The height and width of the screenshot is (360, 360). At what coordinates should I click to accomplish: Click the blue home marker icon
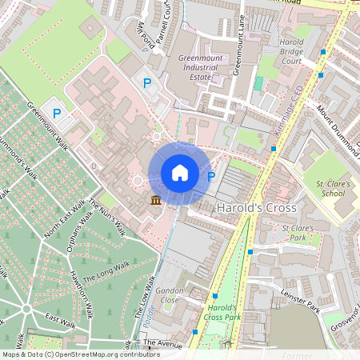180,173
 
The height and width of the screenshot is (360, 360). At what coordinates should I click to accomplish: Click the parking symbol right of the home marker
211,177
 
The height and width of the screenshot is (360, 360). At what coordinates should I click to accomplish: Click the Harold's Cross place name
257,208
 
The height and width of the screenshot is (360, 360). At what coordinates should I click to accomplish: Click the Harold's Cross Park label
223,313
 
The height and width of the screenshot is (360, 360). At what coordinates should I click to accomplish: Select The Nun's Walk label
107,217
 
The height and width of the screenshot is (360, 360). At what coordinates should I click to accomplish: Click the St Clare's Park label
297,233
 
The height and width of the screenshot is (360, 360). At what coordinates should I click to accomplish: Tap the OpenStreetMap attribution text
81,354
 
